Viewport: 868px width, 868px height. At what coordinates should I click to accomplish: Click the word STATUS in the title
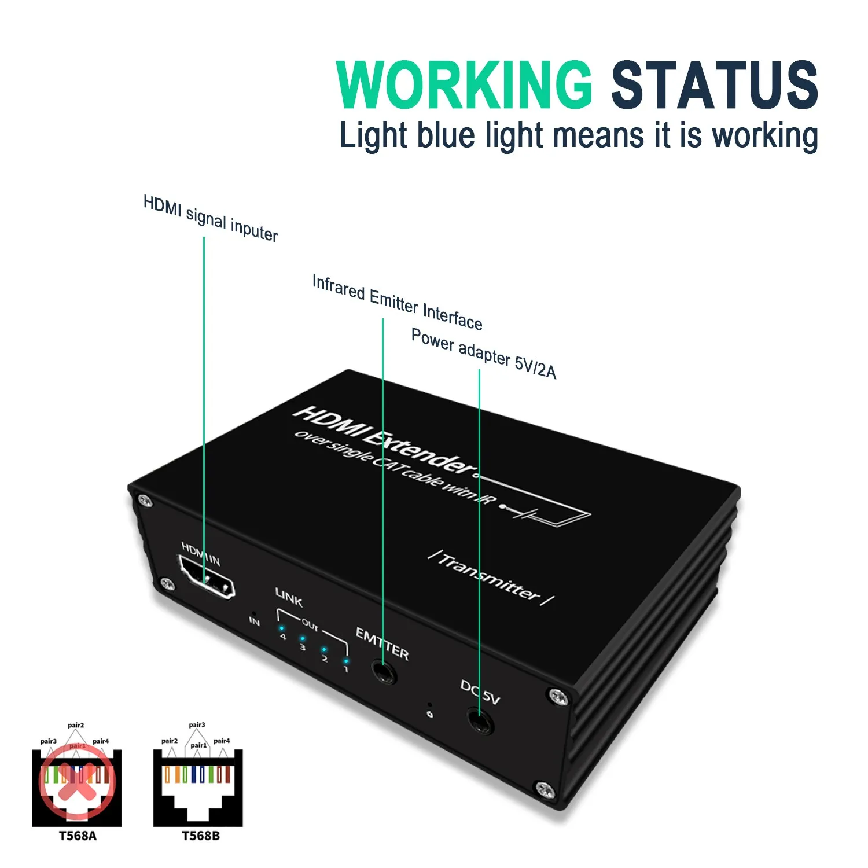[714, 85]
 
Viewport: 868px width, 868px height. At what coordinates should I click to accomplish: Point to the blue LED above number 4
[282, 628]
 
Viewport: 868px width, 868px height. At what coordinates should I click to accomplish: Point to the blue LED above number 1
[345, 660]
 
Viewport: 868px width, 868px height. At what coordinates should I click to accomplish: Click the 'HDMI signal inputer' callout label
[211, 219]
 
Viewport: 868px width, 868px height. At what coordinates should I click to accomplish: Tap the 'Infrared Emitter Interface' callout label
[397, 303]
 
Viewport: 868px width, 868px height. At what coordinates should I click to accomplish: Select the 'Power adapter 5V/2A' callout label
[484, 353]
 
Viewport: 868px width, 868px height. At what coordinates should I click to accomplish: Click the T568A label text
[78, 836]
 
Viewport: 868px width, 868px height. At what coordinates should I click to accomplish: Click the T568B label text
[200, 836]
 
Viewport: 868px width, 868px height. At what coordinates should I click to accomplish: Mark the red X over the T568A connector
[77, 781]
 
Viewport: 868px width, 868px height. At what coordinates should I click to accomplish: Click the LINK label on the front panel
[289, 597]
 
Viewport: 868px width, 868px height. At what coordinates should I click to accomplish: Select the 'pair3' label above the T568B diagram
[197, 724]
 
